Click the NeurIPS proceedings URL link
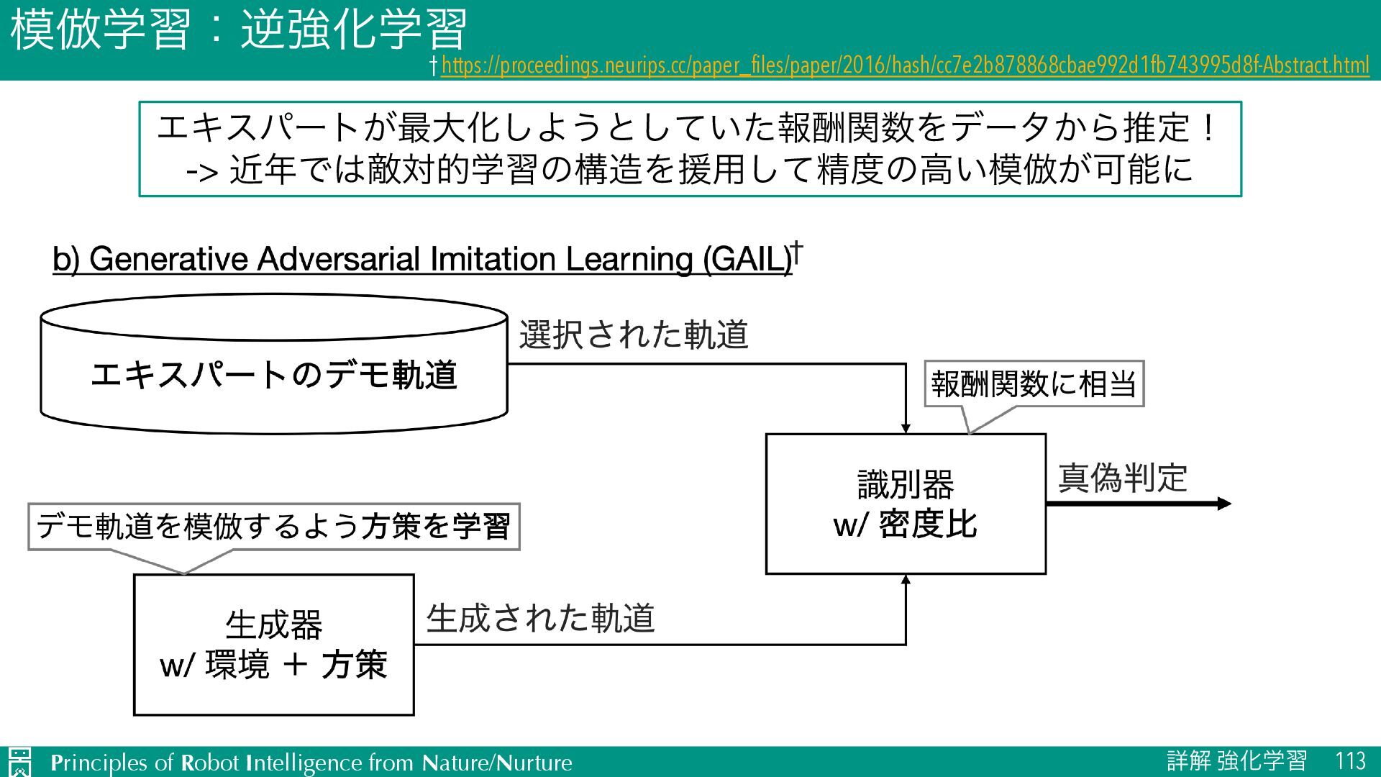coord(905,65)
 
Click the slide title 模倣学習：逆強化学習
coord(238,30)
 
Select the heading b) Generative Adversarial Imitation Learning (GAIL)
coord(422,259)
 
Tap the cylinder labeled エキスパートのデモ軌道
coord(274,374)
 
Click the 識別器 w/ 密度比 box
coord(905,504)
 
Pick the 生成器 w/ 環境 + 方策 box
coord(273,645)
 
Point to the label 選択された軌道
coord(634,335)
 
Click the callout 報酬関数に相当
coord(1034,383)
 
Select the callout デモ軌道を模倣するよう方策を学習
coord(273,527)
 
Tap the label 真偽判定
coord(1122,478)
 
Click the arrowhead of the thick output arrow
coord(1224,504)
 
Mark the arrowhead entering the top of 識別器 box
coord(906,429)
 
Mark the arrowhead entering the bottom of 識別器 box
coord(906,579)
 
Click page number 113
coord(1350,761)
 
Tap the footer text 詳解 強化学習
coord(1236,761)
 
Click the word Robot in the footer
coord(209,763)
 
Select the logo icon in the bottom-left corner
coord(19,762)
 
